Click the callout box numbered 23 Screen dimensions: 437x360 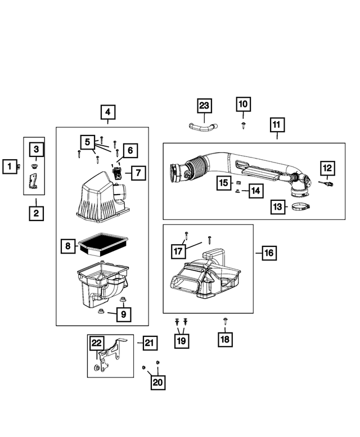[204, 105]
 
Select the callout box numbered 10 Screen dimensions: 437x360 [243, 104]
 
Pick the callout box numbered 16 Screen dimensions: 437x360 [268, 253]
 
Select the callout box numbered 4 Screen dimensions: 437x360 [108, 112]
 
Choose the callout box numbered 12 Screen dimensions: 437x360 [327, 168]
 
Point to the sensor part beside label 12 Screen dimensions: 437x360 [327, 184]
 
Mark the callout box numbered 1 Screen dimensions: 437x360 [9, 166]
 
